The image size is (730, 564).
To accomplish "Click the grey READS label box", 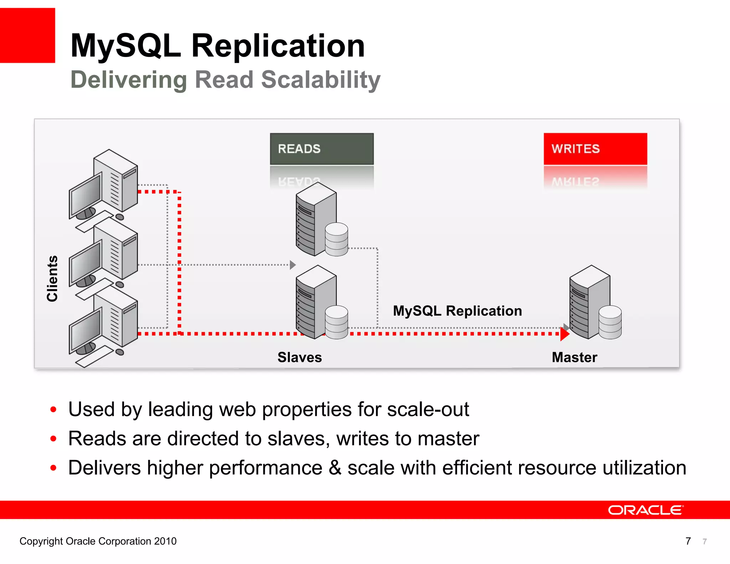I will [x=322, y=149].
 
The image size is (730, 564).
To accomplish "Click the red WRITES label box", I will [x=595, y=149].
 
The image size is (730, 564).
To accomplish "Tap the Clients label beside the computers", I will [x=52, y=278].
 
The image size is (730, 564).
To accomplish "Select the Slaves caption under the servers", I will [x=299, y=357].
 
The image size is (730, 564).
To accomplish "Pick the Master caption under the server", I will [x=574, y=357].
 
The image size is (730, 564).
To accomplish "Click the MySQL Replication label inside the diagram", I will [x=457, y=311].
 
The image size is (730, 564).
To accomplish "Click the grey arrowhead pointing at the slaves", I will [x=293, y=265].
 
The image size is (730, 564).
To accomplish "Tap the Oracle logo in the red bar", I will [x=646, y=510].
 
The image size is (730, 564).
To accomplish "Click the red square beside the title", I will [x=27, y=35].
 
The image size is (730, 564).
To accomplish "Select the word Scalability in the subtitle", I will [x=321, y=80].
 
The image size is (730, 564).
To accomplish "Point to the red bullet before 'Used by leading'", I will [x=53, y=409].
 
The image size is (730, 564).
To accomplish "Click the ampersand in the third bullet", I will [x=335, y=468].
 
